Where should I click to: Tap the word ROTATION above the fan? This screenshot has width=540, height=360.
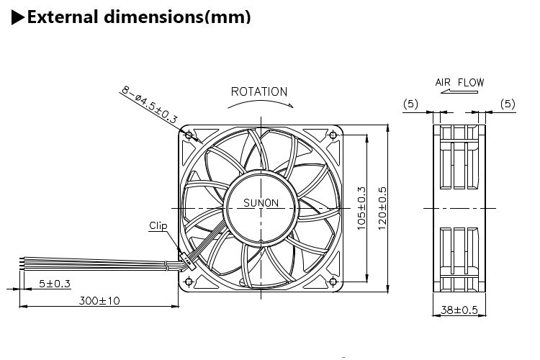click(x=259, y=91)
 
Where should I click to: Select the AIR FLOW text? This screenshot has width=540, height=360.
click(x=459, y=82)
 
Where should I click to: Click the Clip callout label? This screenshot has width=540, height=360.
click(x=158, y=225)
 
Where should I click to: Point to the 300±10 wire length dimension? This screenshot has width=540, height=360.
click(x=99, y=300)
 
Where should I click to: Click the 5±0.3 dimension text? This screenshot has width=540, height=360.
click(x=55, y=284)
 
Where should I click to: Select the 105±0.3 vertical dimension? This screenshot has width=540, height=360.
click(x=362, y=209)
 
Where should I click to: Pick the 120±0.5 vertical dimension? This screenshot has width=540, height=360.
click(x=383, y=209)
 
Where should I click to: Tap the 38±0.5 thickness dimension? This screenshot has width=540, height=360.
click(x=459, y=310)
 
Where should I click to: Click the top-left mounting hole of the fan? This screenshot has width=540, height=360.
click(x=189, y=135)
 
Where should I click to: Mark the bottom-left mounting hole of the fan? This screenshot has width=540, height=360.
click(x=189, y=281)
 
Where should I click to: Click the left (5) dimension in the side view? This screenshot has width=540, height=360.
click(x=410, y=104)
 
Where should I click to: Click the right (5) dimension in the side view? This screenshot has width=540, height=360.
click(x=508, y=104)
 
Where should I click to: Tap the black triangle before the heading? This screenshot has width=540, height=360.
click(x=17, y=17)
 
